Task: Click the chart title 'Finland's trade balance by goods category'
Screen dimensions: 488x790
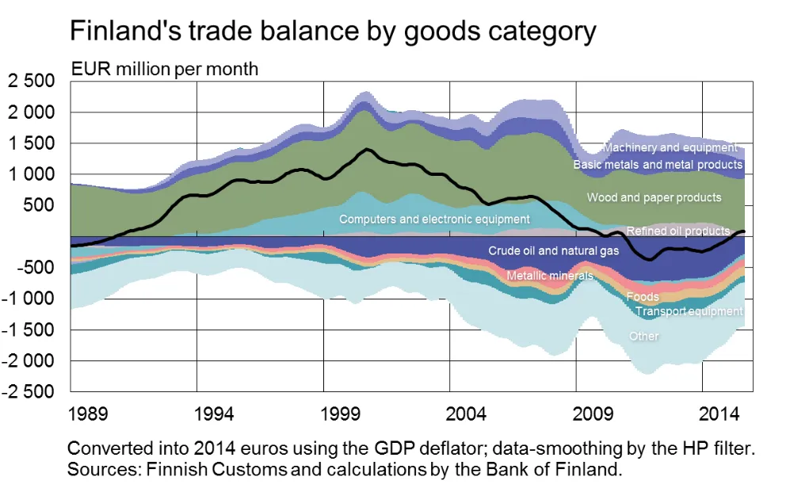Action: (333, 31)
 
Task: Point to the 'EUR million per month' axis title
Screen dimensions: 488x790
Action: (165, 69)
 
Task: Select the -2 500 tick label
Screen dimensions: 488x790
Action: (29, 392)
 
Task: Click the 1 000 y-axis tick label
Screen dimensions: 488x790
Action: (32, 174)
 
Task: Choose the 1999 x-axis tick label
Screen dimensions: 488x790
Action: (342, 413)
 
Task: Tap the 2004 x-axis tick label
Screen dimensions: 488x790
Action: (468, 413)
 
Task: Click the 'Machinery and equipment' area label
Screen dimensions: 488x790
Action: (670, 147)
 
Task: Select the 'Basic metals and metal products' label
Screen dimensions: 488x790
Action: (658, 165)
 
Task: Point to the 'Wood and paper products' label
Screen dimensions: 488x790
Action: (655, 197)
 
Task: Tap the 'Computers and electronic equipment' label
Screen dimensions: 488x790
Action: (434, 219)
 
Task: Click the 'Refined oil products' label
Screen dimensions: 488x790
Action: (677, 231)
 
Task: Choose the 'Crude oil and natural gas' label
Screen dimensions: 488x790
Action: (554, 250)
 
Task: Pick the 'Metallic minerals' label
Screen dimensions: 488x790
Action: (549, 276)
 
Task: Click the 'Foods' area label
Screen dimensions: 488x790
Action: (642, 297)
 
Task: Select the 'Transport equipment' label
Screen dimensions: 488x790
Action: (689, 311)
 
